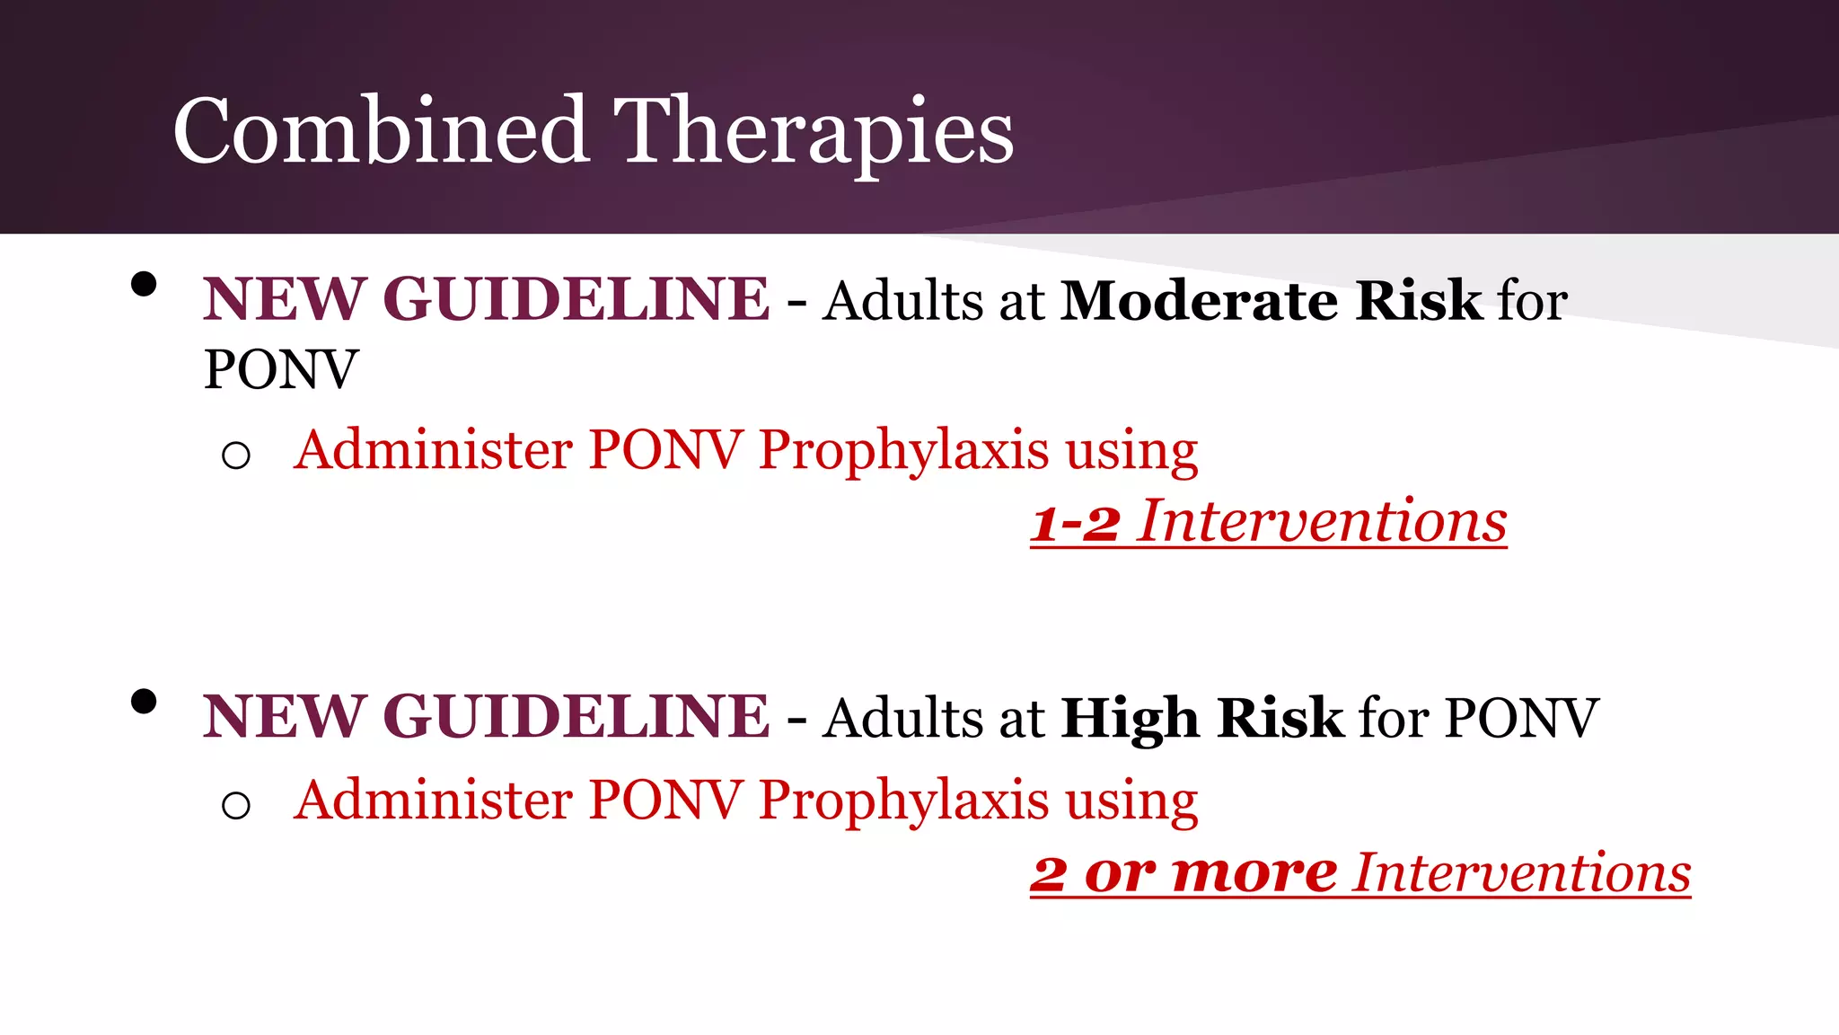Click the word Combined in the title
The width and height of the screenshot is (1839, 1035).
point(381,131)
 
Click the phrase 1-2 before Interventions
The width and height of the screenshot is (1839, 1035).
point(1075,523)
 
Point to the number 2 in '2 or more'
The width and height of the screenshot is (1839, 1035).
point(1049,873)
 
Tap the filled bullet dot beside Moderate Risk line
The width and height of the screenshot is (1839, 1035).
point(144,285)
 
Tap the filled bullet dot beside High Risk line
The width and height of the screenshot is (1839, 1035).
point(144,702)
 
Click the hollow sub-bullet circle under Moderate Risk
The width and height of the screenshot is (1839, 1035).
point(235,456)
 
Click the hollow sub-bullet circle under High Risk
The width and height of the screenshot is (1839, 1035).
point(235,805)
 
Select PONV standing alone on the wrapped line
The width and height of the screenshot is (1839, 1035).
point(281,369)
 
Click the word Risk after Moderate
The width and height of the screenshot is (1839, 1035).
point(1419,300)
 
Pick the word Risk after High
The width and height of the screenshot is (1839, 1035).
point(1280,718)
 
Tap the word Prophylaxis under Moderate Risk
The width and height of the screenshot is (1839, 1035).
point(903,450)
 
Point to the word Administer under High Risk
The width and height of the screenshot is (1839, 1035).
point(433,800)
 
